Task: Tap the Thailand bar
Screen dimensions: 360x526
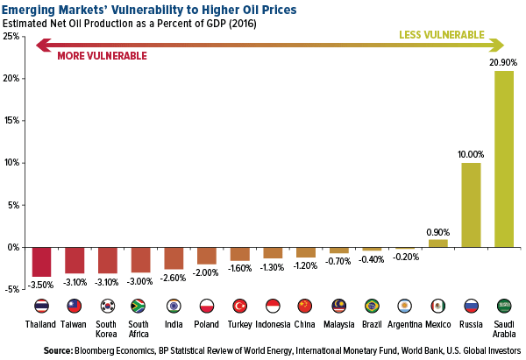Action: click(x=41, y=262)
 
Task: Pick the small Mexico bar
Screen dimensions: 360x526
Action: click(x=437, y=244)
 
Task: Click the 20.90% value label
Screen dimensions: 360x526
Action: click(x=504, y=62)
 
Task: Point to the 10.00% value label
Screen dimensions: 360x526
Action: click(x=471, y=154)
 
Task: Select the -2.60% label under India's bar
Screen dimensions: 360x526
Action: click(x=174, y=279)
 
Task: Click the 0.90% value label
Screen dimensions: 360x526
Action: click(x=437, y=231)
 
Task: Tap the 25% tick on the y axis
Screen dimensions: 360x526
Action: click(x=13, y=37)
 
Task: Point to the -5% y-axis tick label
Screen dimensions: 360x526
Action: click(x=13, y=290)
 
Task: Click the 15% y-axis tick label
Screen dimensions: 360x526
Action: click(x=13, y=121)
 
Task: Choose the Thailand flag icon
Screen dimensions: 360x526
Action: click(x=41, y=306)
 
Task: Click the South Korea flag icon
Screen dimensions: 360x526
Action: click(x=107, y=306)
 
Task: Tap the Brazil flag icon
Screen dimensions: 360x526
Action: click(x=372, y=306)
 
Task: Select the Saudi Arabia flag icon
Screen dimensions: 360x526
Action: click(x=504, y=306)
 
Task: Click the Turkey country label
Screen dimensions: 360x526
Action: click(x=239, y=324)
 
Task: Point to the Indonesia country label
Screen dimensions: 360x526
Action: click(x=273, y=324)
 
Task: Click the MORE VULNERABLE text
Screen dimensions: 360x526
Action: click(x=102, y=55)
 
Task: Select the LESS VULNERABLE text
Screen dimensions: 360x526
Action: click(x=441, y=35)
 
